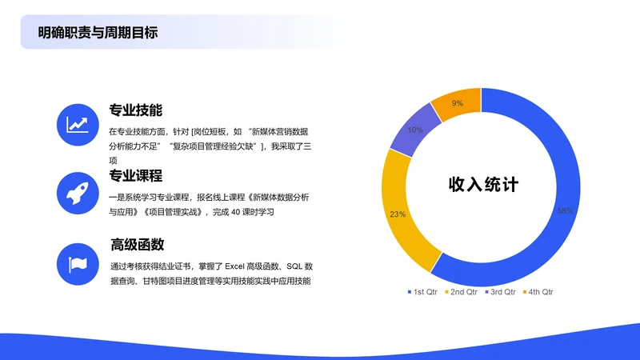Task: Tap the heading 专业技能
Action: (136, 110)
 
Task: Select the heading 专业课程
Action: (136, 176)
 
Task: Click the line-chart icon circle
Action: (78, 124)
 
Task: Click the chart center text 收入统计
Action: (483, 185)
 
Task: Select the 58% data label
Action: (565, 210)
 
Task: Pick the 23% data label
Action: (398, 214)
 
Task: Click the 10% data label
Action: (415, 130)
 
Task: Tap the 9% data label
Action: (458, 103)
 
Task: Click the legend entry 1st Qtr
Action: (421, 292)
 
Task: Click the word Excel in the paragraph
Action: (238, 266)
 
